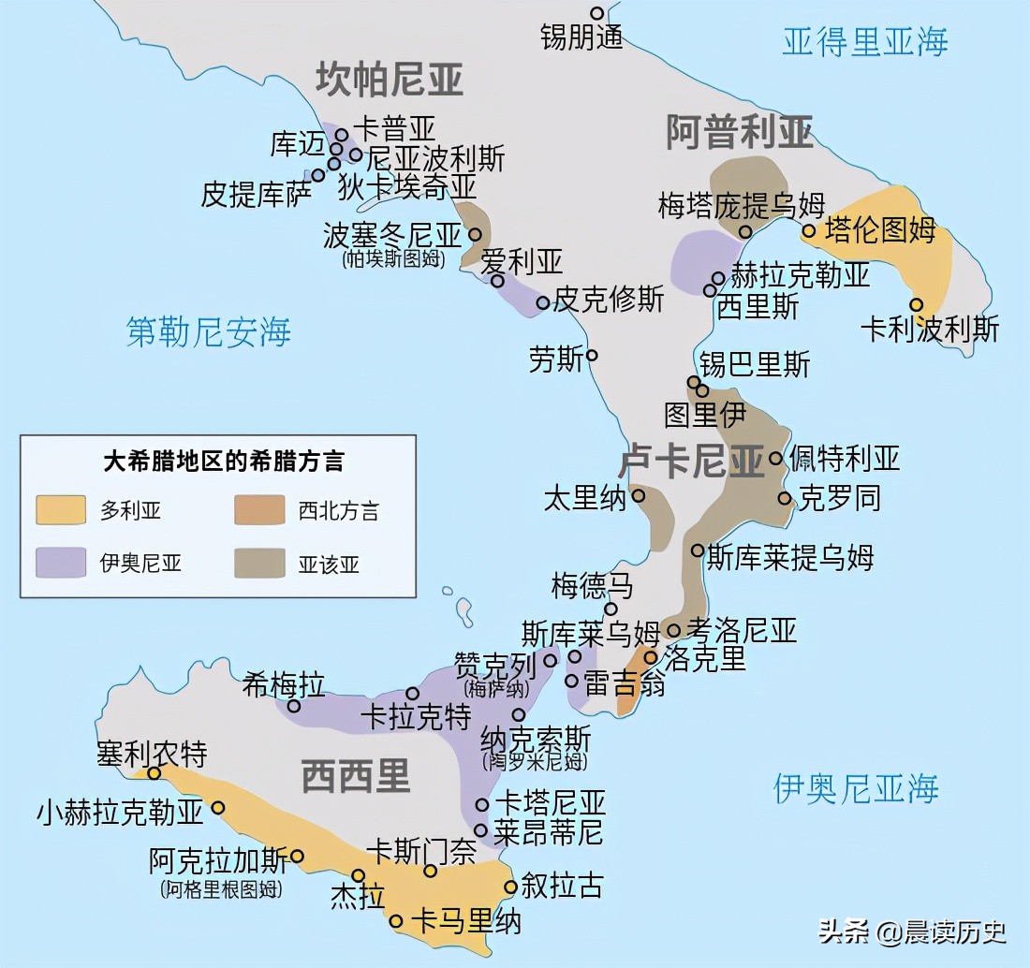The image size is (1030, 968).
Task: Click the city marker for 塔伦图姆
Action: pos(809,230)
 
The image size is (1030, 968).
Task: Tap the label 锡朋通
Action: pos(581,37)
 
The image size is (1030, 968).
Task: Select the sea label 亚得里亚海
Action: pos(864,42)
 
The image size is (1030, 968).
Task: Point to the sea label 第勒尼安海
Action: pos(209,331)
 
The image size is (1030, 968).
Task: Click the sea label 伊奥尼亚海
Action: pos(856,788)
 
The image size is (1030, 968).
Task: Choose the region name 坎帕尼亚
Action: pos(389,80)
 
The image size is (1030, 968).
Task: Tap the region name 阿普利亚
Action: pos(739,132)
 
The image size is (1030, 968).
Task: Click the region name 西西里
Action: pos(356,776)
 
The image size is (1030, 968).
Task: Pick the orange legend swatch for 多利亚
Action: pos(61,510)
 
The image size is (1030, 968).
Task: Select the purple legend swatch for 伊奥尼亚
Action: pos(61,563)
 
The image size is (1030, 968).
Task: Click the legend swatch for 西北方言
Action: pos(259,510)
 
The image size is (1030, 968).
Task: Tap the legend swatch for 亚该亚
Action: pos(259,563)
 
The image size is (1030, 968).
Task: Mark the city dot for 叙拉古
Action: pos(510,887)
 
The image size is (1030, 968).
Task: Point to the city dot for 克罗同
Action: pos(785,498)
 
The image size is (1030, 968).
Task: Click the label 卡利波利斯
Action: pos(930,330)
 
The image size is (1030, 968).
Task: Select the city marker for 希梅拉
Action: pos(293,706)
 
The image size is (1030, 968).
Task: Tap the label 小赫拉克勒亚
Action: pos(120,811)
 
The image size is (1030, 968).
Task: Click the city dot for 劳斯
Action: pos(592,356)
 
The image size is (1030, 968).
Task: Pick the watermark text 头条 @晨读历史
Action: pos(913,931)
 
